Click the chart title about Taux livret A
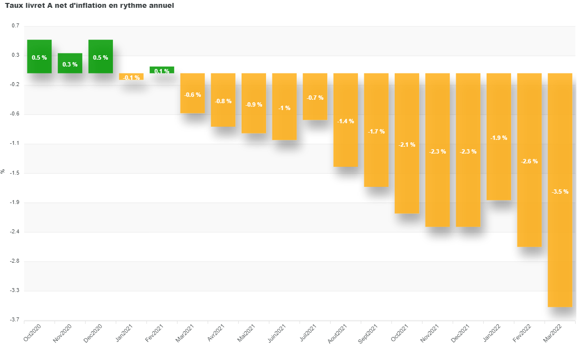click(x=89, y=5)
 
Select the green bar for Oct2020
click(x=40, y=56)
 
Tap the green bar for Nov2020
click(x=70, y=63)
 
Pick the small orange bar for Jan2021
click(x=131, y=76)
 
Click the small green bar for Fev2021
click(x=162, y=70)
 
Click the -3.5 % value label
click(x=560, y=192)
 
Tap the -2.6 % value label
click(x=529, y=161)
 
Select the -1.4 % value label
click(x=346, y=121)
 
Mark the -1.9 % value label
click(x=499, y=138)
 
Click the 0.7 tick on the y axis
click(x=16, y=26)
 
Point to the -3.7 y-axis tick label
click(x=15, y=320)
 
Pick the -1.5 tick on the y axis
click(x=15, y=173)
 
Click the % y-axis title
click(x=3, y=172)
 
